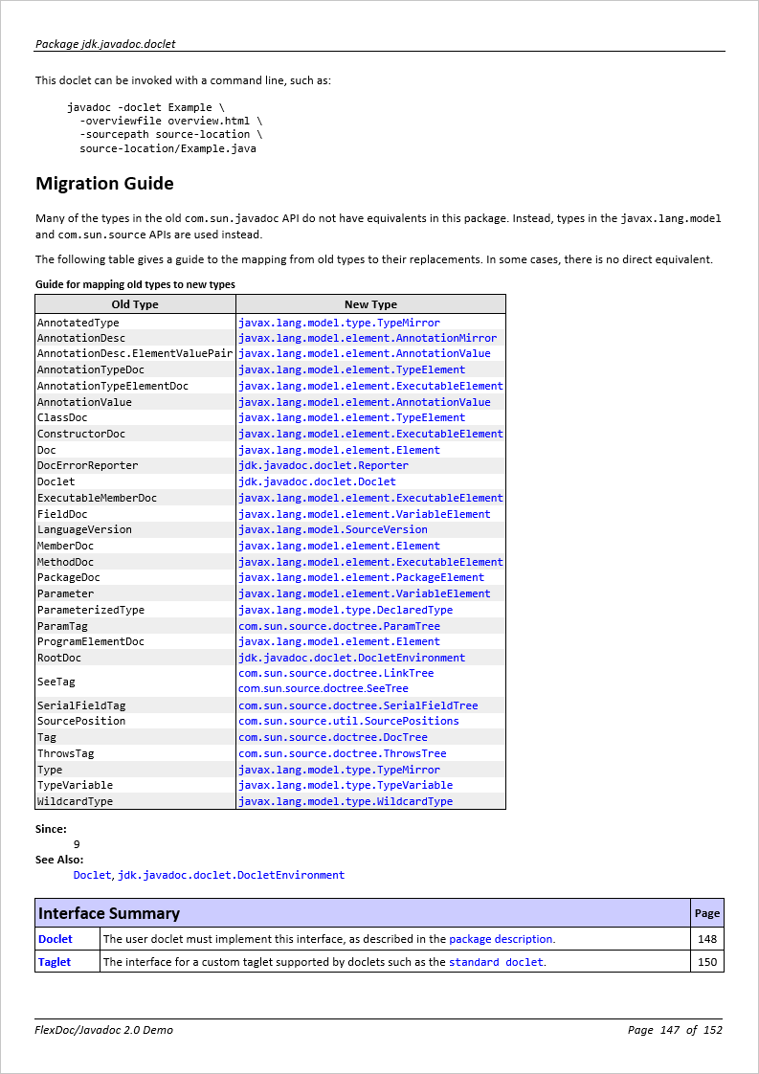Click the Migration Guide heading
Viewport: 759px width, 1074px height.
click(104, 184)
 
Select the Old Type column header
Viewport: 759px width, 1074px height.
click(135, 304)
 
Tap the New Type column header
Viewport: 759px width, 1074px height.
click(370, 304)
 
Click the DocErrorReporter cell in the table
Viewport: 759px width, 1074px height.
click(87, 466)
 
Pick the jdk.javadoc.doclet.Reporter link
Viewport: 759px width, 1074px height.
click(323, 466)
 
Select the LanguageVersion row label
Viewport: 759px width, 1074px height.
click(84, 529)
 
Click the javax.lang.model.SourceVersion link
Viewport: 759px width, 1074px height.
click(332, 529)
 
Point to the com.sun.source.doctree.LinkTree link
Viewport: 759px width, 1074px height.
click(335, 673)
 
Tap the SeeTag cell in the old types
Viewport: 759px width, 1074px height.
click(56, 682)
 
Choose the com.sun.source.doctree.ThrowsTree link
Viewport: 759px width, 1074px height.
click(342, 753)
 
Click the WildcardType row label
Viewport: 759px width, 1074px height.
click(75, 801)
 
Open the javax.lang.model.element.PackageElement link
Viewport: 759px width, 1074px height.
click(361, 577)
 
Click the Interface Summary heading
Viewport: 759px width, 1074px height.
click(109, 913)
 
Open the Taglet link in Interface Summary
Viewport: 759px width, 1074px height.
click(55, 962)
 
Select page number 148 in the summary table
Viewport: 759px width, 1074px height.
click(707, 939)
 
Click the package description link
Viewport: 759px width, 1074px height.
click(501, 939)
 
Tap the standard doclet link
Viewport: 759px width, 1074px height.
click(496, 962)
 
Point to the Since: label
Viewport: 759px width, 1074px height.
click(51, 829)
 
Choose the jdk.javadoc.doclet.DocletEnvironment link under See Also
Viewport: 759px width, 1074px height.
click(231, 875)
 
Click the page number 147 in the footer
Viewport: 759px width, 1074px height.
click(669, 1030)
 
